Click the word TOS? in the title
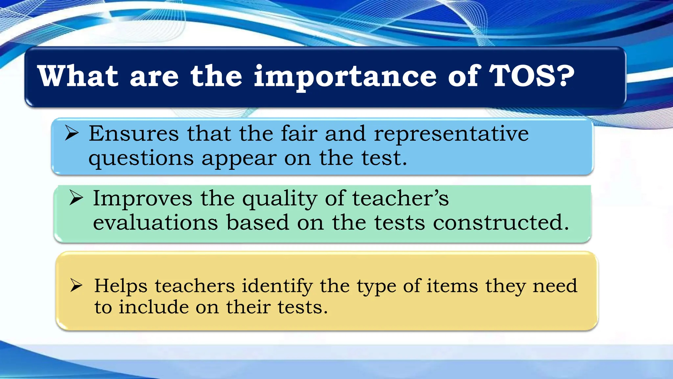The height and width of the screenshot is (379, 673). coord(532,76)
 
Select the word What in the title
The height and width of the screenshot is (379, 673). coord(78,76)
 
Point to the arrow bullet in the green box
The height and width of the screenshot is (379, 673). coord(76,198)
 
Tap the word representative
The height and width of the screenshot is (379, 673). coord(451,134)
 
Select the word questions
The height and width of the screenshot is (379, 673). coord(141,159)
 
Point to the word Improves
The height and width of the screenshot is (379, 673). coord(142,199)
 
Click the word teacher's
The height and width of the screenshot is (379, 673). coord(400,198)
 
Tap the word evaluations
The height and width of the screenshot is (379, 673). coord(155,223)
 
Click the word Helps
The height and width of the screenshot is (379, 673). coord(121,286)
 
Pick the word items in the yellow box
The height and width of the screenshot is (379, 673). coord(452,285)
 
